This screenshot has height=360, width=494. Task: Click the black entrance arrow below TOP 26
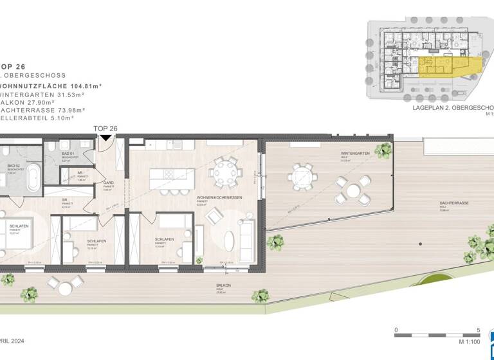click(x=105, y=137)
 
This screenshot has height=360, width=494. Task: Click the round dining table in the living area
click(x=226, y=172)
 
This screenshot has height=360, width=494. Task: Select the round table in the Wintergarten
click(x=352, y=191)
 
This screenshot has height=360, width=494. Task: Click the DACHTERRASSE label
click(x=449, y=203)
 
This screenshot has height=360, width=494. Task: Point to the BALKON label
click(x=224, y=285)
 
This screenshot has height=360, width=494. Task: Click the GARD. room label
click(x=108, y=183)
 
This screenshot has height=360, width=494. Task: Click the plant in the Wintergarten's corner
click(x=384, y=150)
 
